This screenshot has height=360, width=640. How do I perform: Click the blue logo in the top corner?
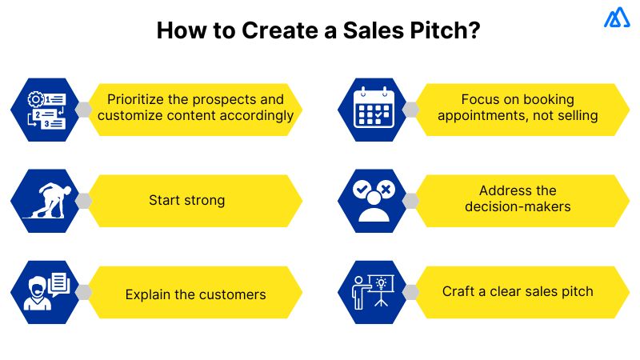coord(617,18)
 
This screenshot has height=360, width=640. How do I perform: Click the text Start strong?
coord(187,200)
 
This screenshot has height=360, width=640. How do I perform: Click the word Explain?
coord(149,294)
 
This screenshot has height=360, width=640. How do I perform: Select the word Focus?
coord(481,100)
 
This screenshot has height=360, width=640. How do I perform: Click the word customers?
coord(232,294)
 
